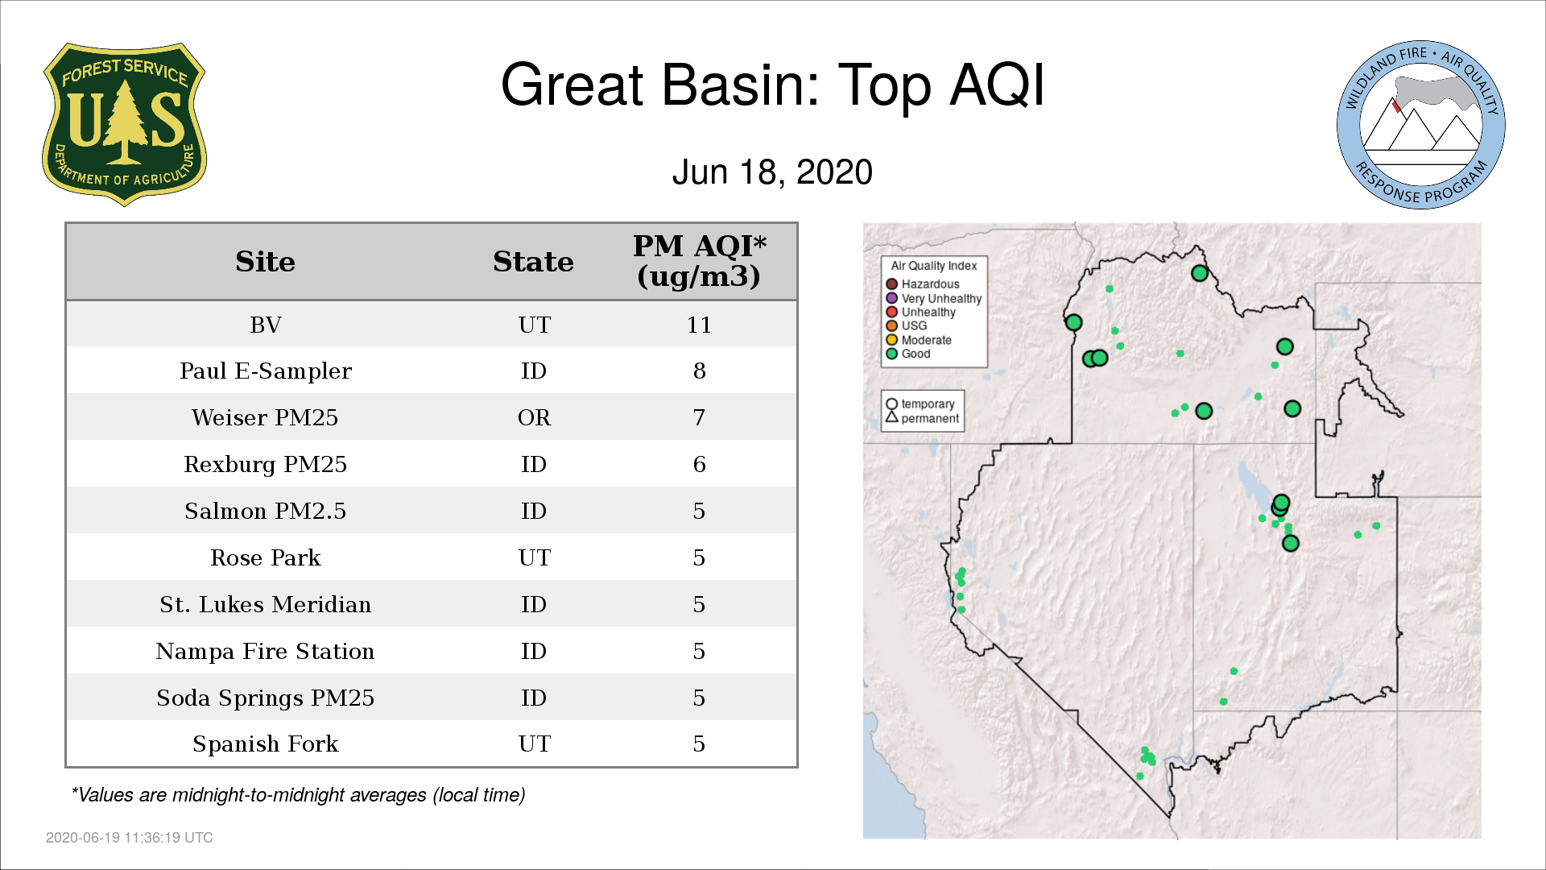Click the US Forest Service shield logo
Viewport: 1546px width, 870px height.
tap(124, 124)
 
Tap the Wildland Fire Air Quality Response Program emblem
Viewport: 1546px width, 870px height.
tap(1421, 125)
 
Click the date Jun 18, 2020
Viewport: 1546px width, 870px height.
tap(772, 172)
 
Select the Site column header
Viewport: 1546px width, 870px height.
tap(265, 262)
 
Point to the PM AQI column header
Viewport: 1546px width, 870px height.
tap(699, 261)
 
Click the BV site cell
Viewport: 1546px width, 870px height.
tap(266, 325)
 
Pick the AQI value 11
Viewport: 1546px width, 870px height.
tap(699, 325)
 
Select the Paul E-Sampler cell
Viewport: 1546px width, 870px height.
tap(266, 371)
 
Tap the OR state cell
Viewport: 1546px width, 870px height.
tap(534, 417)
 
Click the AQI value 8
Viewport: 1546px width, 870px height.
tap(699, 371)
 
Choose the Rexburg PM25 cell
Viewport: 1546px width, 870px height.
tap(265, 465)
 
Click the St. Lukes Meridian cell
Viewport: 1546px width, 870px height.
tap(266, 604)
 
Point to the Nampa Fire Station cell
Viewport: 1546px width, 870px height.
tap(265, 651)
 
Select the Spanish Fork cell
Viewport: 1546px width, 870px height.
tap(266, 744)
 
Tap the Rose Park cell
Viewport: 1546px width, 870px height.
tap(266, 557)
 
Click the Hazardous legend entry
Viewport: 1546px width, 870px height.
tap(923, 284)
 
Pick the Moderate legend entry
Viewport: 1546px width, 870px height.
tap(919, 340)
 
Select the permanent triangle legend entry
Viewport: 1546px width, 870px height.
tap(922, 418)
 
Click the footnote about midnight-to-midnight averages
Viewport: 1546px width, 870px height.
tap(298, 795)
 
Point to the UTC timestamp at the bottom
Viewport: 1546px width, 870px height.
tap(130, 838)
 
